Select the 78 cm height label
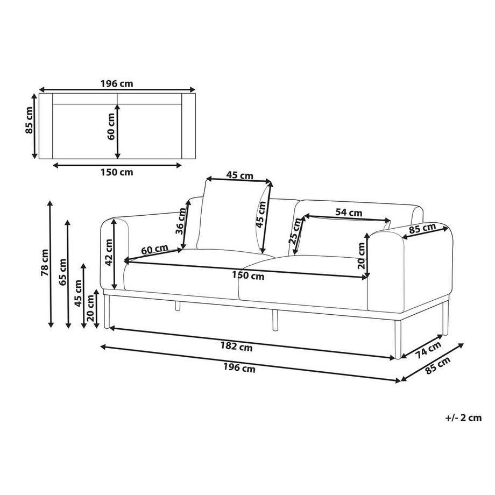click(x=45, y=263)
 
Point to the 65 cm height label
click(x=62, y=272)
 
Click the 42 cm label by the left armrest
click(x=109, y=253)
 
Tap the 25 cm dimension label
click(x=294, y=231)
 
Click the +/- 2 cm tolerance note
click(x=463, y=418)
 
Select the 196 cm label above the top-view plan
click(x=117, y=83)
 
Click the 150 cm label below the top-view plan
click(x=117, y=172)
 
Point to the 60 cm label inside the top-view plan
click(x=111, y=126)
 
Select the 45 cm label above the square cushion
click(x=239, y=175)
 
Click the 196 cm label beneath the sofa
click(x=239, y=369)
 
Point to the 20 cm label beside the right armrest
click(x=362, y=257)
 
